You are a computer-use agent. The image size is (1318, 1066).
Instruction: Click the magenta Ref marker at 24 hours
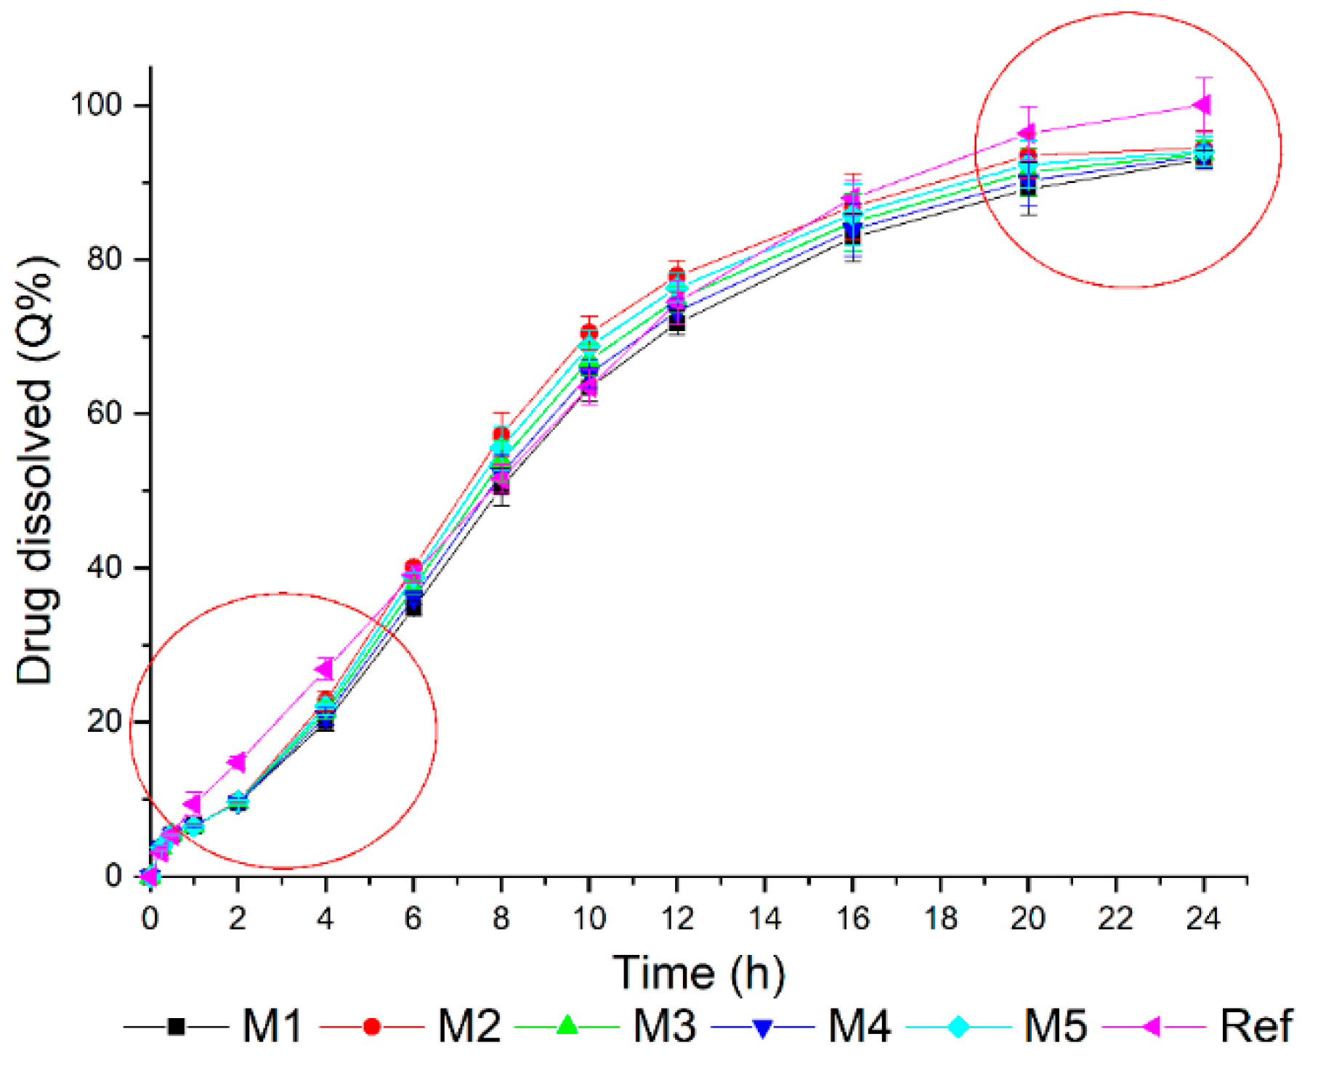click(1202, 105)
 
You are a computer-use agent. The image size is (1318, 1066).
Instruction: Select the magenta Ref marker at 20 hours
click(1027, 133)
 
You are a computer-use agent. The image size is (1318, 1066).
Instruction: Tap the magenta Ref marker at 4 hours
click(324, 669)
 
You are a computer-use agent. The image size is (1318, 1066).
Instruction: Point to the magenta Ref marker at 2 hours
click(237, 762)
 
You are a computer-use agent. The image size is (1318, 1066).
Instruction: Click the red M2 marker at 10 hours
click(589, 333)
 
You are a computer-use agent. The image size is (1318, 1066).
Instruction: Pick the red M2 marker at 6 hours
click(413, 567)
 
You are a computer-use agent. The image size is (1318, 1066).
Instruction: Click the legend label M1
click(272, 1027)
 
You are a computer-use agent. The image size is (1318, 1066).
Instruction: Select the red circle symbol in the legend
click(372, 1027)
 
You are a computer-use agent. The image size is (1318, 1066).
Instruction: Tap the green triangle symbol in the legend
click(567, 1026)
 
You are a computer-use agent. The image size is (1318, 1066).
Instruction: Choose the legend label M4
click(860, 1027)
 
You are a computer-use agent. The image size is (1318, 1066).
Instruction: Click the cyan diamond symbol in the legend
click(959, 1027)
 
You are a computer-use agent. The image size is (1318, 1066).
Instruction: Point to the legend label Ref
click(1256, 1027)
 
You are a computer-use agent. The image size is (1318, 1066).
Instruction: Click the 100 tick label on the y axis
click(96, 105)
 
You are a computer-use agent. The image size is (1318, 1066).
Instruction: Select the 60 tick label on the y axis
click(105, 413)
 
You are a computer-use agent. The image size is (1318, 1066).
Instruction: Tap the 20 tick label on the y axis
click(105, 721)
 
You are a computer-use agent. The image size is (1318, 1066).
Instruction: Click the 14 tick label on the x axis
click(764, 919)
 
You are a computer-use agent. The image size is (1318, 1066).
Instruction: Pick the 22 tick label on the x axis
click(1115, 919)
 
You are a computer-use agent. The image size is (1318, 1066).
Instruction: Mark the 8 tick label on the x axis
click(501, 919)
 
